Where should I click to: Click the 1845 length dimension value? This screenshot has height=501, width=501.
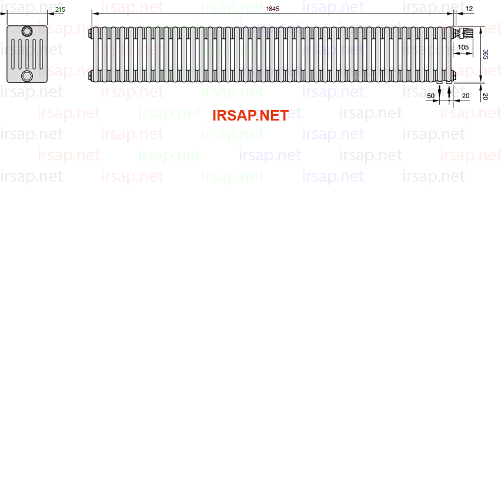coord(272,9)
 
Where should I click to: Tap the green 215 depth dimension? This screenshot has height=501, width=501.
coord(60,9)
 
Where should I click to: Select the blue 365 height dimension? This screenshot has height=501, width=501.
coord(485,54)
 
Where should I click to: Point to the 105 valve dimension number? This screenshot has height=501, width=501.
coord(463,47)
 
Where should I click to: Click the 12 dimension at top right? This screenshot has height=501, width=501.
coord(469,9)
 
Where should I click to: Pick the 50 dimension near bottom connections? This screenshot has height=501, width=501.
coord(430,96)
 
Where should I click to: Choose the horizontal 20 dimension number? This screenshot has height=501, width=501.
coord(466,96)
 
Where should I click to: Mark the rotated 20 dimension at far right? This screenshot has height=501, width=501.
coord(485,96)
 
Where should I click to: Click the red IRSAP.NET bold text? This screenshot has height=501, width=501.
coord(250,116)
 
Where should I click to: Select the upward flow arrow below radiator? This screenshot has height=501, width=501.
coord(449,93)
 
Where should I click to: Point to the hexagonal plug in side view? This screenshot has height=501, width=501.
coord(27,76)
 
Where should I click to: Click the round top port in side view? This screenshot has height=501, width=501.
coord(27,31)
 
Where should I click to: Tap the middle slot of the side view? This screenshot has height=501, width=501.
coord(27,54)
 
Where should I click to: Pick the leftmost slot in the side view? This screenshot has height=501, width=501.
coord(13,54)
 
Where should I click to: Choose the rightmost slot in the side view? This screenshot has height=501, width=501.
coord(41,54)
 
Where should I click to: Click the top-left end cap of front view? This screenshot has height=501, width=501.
coord(91,33)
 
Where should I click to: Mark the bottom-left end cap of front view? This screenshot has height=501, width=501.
coord(91,75)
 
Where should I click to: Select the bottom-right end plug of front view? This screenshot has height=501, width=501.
coord(454,75)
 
